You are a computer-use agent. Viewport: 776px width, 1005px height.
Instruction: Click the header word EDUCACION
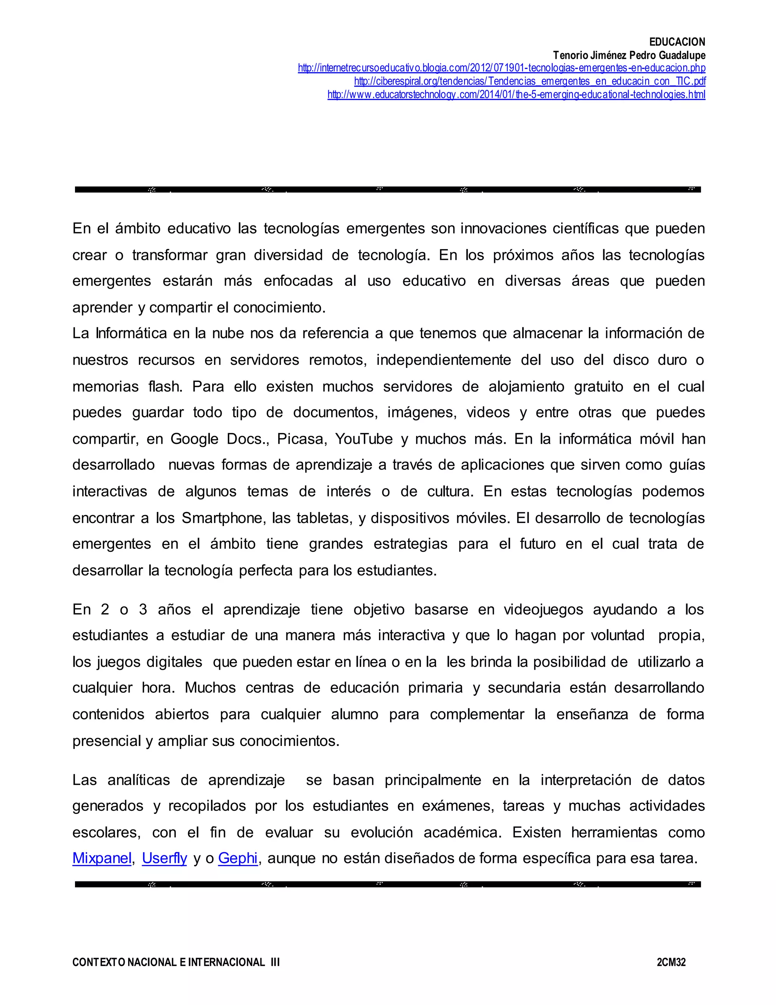677,42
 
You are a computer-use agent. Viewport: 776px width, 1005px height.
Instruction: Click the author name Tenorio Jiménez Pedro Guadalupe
629,55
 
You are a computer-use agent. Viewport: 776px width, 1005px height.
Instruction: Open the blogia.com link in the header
502,68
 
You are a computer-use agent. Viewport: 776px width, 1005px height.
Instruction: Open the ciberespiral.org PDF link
530,82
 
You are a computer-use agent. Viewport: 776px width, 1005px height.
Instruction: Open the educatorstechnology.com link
516,95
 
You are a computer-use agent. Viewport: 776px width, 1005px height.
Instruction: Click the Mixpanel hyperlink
102,858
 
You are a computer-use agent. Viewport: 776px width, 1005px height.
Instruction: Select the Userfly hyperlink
164,858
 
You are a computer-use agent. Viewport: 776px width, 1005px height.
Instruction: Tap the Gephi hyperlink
238,858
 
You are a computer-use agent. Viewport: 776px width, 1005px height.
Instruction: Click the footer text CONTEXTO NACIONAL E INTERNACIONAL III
176,962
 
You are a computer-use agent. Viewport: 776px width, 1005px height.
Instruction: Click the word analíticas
138,780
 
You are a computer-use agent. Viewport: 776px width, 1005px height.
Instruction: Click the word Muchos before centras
210,688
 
